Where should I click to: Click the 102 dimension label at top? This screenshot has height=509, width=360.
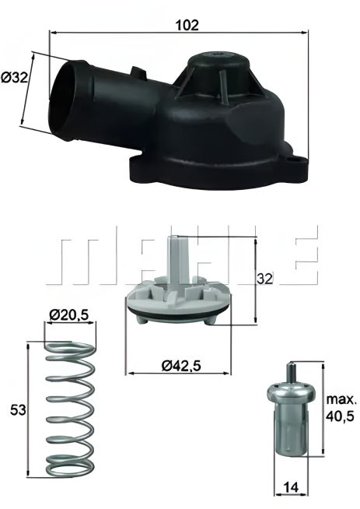[187, 24]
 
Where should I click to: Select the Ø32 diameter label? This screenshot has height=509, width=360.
[16, 78]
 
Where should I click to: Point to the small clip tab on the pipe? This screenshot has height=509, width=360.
[138, 72]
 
